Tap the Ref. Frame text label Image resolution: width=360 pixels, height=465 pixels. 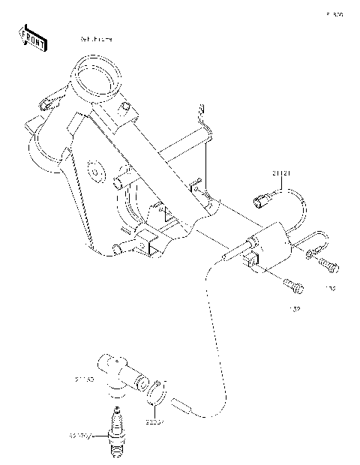pyautogui.click(x=96, y=38)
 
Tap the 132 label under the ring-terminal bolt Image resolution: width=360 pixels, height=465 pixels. pyautogui.click(x=330, y=287)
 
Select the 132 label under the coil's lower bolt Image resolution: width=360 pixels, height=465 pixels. pyautogui.click(x=295, y=309)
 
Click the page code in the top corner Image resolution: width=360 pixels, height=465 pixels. pyautogui.click(x=334, y=14)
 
